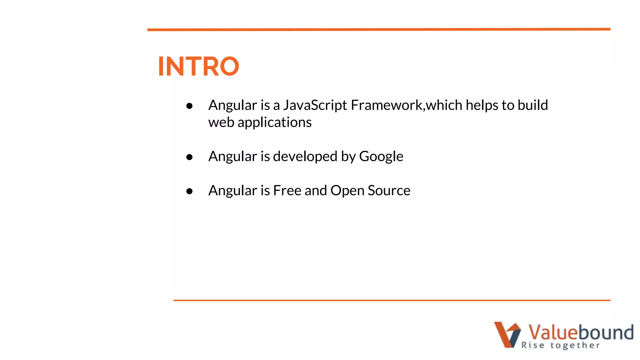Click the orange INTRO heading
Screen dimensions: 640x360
pyautogui.click(x=198, y=66)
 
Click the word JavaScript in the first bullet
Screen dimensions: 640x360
pyautogui.click(x=315, y=105)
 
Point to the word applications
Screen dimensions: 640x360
pyautogui.click(x=274, y=122)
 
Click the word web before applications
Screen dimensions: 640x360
pyautogui.click(x=221, y=122)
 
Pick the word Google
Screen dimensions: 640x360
pyautogui.click(x=381, y=156)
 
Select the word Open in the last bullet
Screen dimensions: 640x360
pyautogui.click(x=347, y=190)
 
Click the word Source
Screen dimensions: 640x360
pyautogui.click(x=389, y=190)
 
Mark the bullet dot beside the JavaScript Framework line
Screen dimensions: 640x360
pyautogui.click(x=189, y=106)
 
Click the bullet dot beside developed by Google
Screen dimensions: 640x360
pyautogui.click(x=189, y=157)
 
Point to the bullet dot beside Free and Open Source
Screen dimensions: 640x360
pyautogui.click(x=189, y=191)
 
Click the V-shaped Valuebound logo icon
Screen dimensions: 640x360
pyautogui.click(x=507, y=334)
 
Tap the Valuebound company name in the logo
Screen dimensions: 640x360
pyautogui.click(x=581, y=332)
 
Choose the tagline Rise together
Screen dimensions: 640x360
pyautogui.click(x=560, y=345)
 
